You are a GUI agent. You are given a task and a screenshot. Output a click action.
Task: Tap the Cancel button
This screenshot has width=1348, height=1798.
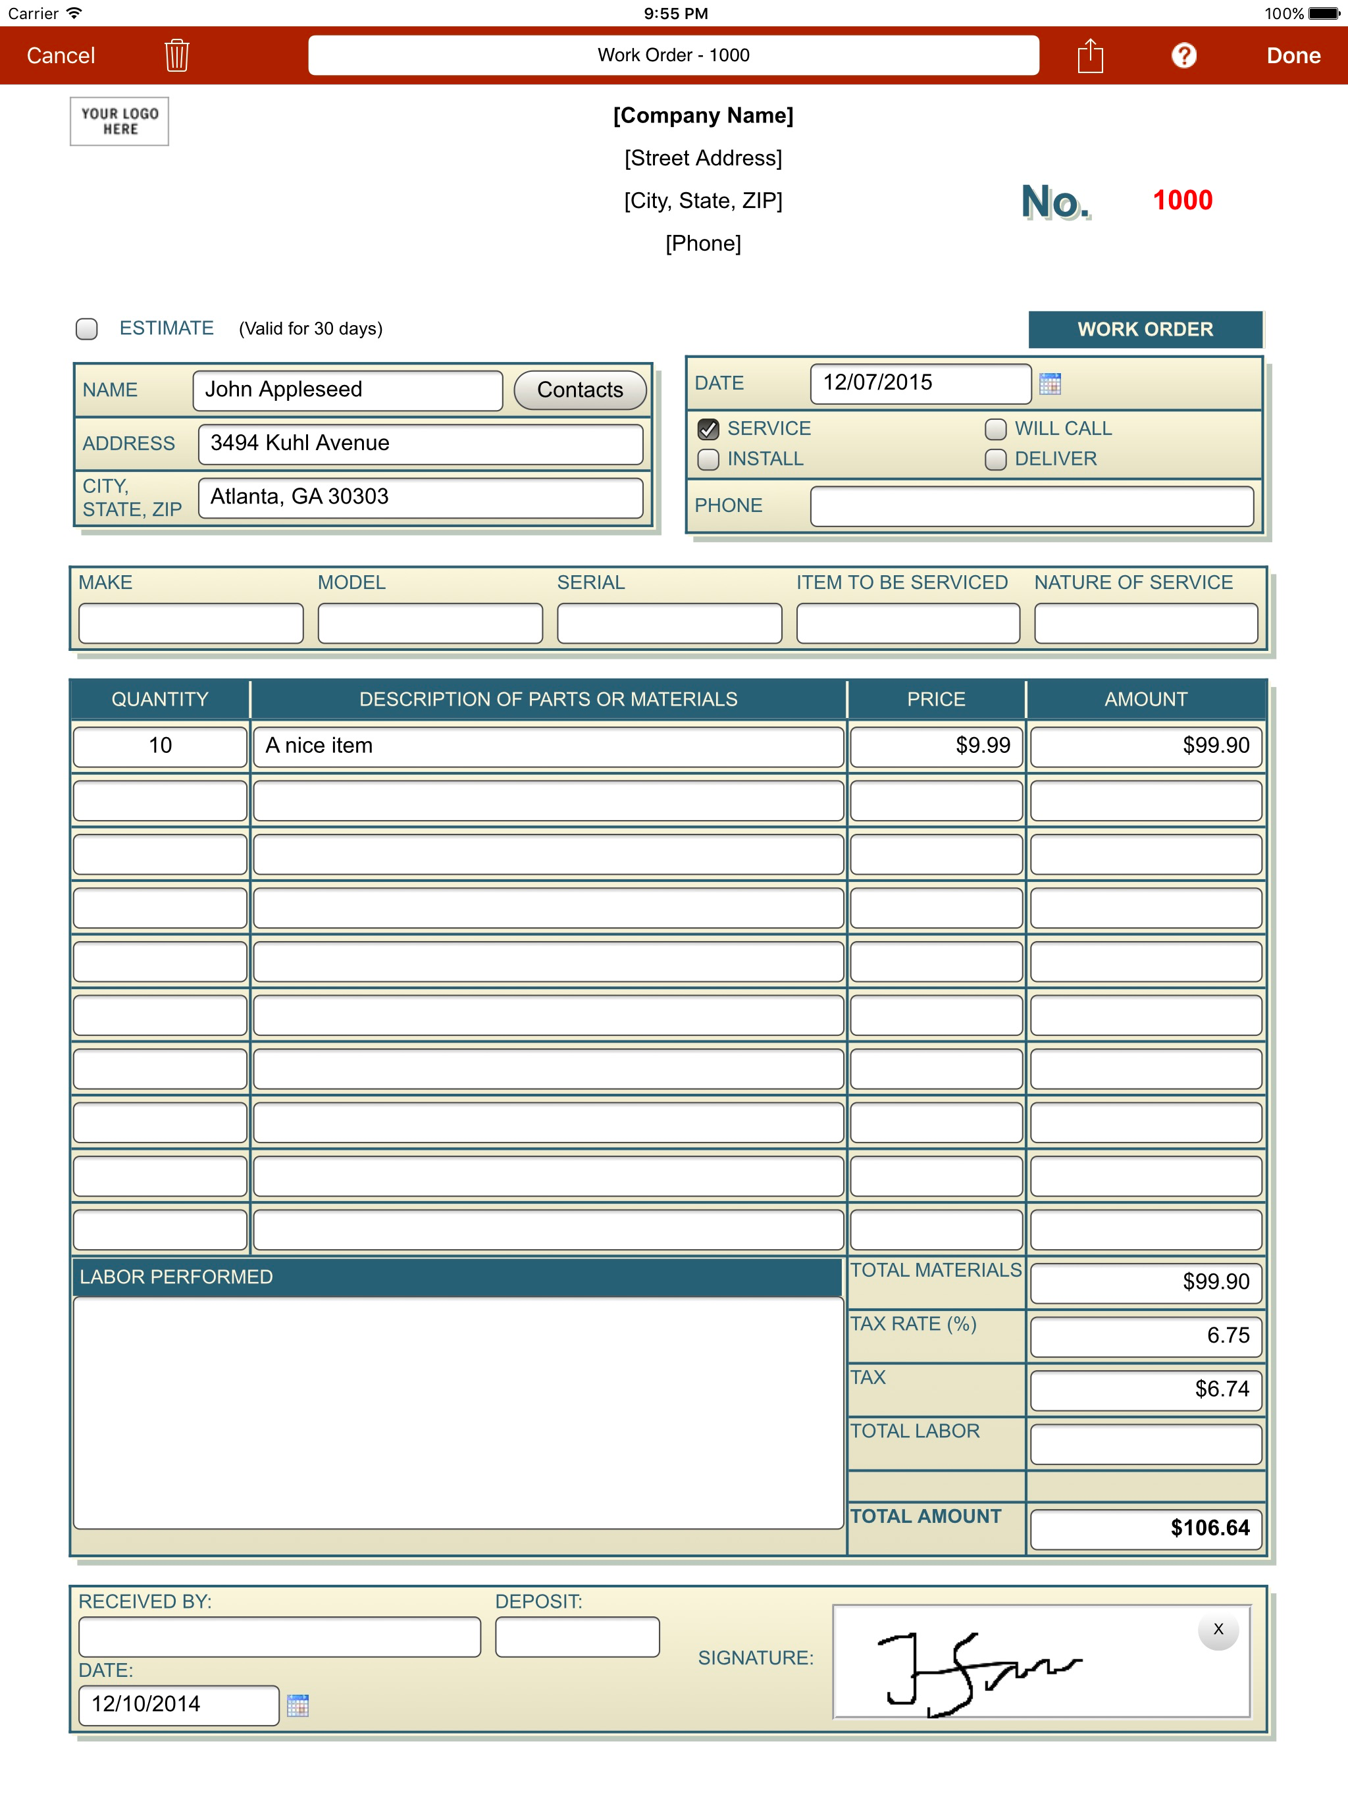point(61,55)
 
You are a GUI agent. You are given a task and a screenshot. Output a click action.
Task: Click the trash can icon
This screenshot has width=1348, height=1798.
point(176,55)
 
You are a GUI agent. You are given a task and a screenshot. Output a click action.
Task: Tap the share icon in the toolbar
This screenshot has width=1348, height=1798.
point(1090,55)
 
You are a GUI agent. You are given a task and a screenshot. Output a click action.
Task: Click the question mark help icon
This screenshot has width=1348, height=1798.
point(1183,55)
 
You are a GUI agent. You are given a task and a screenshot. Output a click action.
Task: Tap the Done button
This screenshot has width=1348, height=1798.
point(1293,55)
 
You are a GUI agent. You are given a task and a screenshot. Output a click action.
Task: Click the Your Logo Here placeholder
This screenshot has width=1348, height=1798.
point(120,121)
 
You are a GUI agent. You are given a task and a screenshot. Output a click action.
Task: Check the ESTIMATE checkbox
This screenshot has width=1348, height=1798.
point(87,328)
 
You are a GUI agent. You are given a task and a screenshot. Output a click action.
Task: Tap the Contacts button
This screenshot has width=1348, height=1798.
point(580,390)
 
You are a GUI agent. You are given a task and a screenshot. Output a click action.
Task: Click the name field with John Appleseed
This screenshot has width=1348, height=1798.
point(347,390)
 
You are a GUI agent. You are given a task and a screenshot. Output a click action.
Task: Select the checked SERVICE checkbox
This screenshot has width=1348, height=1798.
point(708,429)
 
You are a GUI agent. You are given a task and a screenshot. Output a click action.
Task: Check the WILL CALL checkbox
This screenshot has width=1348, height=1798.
point(996,429)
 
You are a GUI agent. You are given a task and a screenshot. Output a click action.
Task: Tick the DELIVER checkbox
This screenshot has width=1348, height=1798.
point(996,460)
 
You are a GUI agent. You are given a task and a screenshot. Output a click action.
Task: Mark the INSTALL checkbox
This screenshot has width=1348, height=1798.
point(708,460)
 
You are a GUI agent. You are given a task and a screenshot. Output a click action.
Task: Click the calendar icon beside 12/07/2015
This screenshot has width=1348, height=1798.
point(1050,384)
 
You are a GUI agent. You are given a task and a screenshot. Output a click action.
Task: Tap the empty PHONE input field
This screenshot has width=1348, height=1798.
point(1031,506)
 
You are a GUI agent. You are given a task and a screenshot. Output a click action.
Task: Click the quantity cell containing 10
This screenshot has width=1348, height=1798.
point(160,746)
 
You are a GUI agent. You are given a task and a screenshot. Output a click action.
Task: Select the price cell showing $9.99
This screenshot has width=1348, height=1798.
point(936,746)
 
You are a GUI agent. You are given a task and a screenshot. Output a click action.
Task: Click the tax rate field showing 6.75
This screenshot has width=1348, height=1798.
point(1145,1336)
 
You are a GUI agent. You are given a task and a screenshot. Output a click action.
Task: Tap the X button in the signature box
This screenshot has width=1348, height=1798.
point(1218,1629)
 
